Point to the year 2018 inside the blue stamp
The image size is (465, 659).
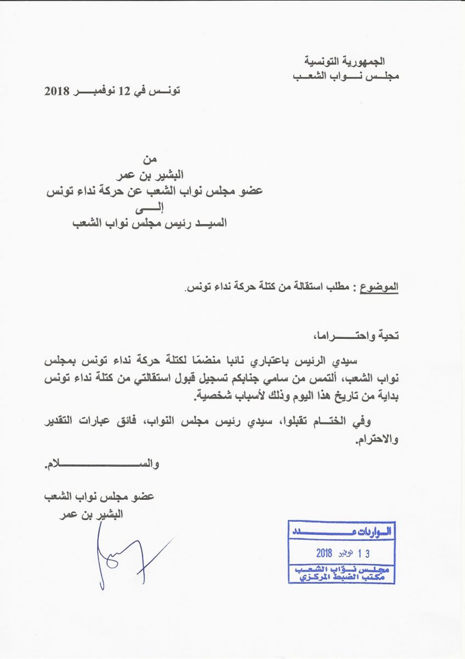(x=329, y=552)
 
